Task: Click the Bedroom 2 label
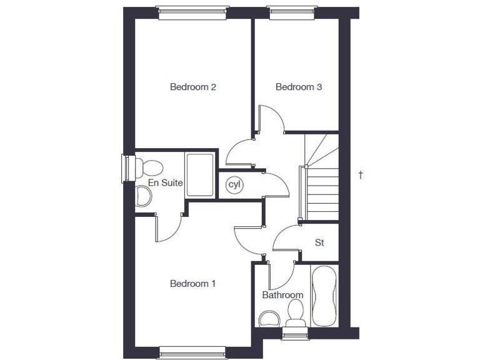coord(193,87)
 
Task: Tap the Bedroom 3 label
coord(299,87)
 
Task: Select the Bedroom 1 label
coord(193,284)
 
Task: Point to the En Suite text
coord(165,183)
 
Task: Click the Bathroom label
coord(282,295)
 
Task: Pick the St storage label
coord(319,242)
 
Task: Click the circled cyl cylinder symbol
coord(234,184)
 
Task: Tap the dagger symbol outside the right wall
coord(361,175)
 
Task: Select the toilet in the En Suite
coord(150,167)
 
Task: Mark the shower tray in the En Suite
coord(201,175)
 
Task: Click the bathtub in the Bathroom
coord(324,296)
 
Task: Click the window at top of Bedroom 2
coord(191,12)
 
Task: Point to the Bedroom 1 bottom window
coord(192,353)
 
